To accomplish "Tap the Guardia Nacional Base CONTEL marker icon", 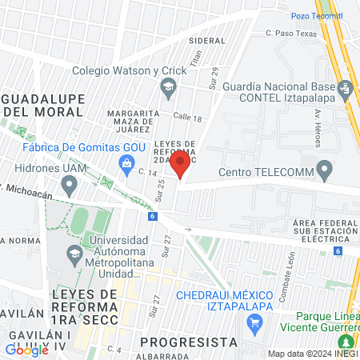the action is click(x=346, y=87).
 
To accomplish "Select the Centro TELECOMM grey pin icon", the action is click(x=325, y=170).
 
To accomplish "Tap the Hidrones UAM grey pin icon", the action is click(x=70, y=186).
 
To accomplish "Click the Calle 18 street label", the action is click(x=186, y=118).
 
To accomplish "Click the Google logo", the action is click(x=27, y=350).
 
